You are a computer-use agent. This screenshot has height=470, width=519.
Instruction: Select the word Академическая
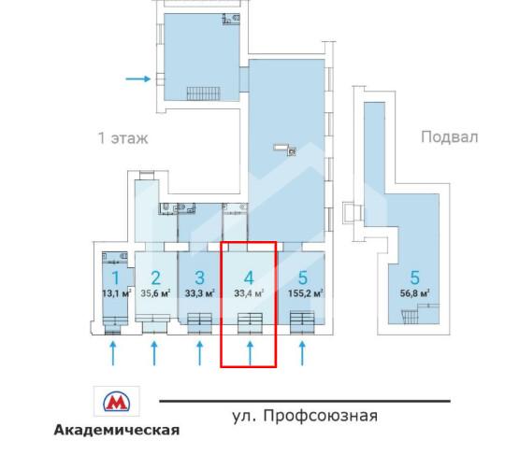(x=117, y=431)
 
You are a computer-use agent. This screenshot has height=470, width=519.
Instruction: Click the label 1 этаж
(x=123, y=138)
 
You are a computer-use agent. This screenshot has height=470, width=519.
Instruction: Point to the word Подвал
(x=449, y=137)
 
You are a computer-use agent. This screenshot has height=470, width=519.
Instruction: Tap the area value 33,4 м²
(x=248, y=292)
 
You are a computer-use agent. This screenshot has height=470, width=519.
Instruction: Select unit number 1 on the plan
(x=115, y=278)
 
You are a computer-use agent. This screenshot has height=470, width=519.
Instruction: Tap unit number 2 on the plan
(x=155, y=278)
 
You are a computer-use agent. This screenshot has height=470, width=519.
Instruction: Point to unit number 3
(x=198, y=278)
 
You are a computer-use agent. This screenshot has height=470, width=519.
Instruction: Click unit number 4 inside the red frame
(x=248, y=278)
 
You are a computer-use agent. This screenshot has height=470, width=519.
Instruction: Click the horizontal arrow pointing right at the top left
(x=138, y=78)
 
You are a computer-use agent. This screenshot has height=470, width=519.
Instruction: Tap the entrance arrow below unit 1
(x=113, y=353)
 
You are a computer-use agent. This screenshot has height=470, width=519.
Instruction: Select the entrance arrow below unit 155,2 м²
(x=302, y=353)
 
